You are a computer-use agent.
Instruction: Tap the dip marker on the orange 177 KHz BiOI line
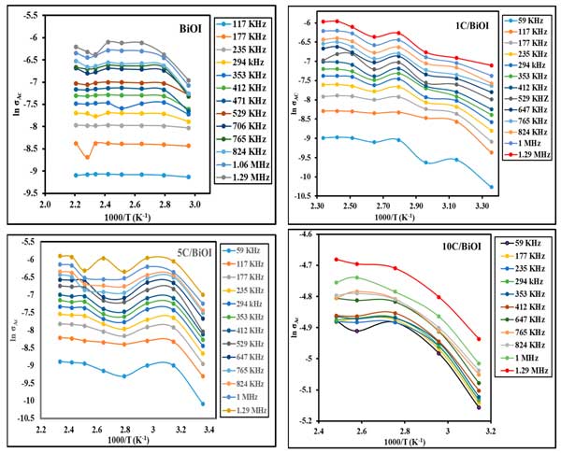pos(87,156)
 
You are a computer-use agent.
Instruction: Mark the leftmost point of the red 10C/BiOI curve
pos(336,259)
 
